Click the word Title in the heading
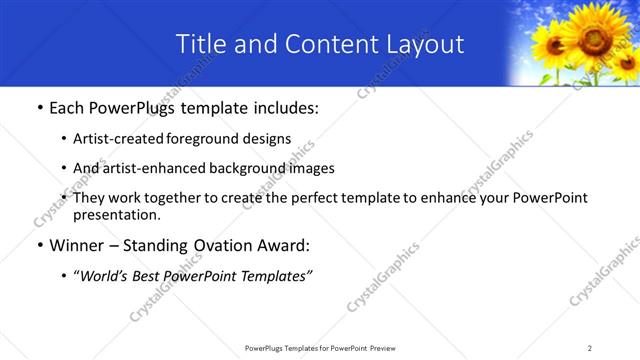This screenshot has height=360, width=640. [x=200, y=44]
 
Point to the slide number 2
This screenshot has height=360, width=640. [x=590, y=348]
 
